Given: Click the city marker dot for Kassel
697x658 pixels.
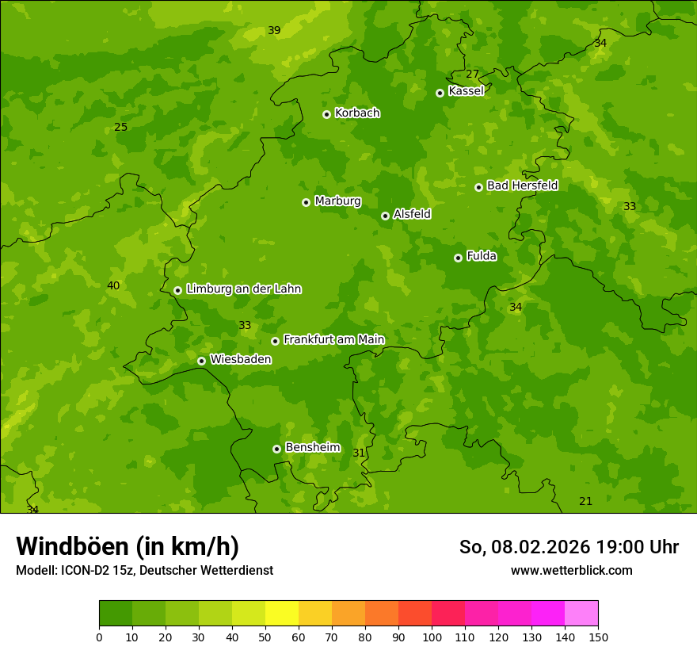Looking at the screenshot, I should [x=440, y=93].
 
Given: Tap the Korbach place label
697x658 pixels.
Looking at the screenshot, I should [x=357, y=113].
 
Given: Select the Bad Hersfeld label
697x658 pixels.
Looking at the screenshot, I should [x=522, y=186].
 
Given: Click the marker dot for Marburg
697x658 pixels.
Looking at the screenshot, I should [x=306, y=202].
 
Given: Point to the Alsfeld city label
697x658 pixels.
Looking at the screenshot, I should [x=412, y=214].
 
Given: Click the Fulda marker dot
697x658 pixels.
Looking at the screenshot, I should [x=458, y=258].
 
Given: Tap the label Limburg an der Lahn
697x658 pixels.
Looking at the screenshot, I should [x=243, y=289].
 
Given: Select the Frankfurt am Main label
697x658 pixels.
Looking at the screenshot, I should [x=333, y=339].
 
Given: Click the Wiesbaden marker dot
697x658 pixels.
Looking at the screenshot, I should [x=201, y=361].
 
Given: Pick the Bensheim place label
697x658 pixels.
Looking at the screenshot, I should [x=312, y=447].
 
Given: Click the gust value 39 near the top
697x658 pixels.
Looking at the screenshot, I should [x=274, y=30].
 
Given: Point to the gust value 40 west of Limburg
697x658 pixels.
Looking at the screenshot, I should [x=113, y=285].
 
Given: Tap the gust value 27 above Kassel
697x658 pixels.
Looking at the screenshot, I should [x=472, y=74].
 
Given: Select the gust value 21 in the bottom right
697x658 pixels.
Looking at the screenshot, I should [x=585, y=501].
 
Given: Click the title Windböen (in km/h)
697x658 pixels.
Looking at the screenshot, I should [x=128, y=546].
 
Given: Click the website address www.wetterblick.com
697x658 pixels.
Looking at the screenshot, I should [x=571, y=570].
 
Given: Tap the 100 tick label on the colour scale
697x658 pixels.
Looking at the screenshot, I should [x=432, y=637].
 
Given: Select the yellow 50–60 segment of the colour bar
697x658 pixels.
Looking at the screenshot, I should [x=281, y=614].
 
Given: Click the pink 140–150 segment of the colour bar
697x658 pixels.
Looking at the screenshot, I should [x=581, y=614].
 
